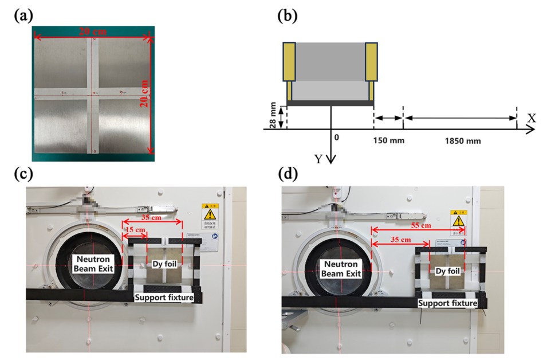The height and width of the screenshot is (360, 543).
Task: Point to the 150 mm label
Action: [x=385, y=140]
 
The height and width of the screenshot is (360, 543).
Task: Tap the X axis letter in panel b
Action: [x=531, y=118]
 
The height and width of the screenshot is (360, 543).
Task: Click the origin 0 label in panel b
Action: [x=337, y=138]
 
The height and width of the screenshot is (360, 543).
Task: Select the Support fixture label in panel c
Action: [x=164, y=298]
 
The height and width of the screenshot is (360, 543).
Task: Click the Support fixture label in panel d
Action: [x=447, y=303]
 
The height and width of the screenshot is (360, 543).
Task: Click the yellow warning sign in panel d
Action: [x=458, y=220]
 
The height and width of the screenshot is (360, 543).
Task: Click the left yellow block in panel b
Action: [x=289, y=62]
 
